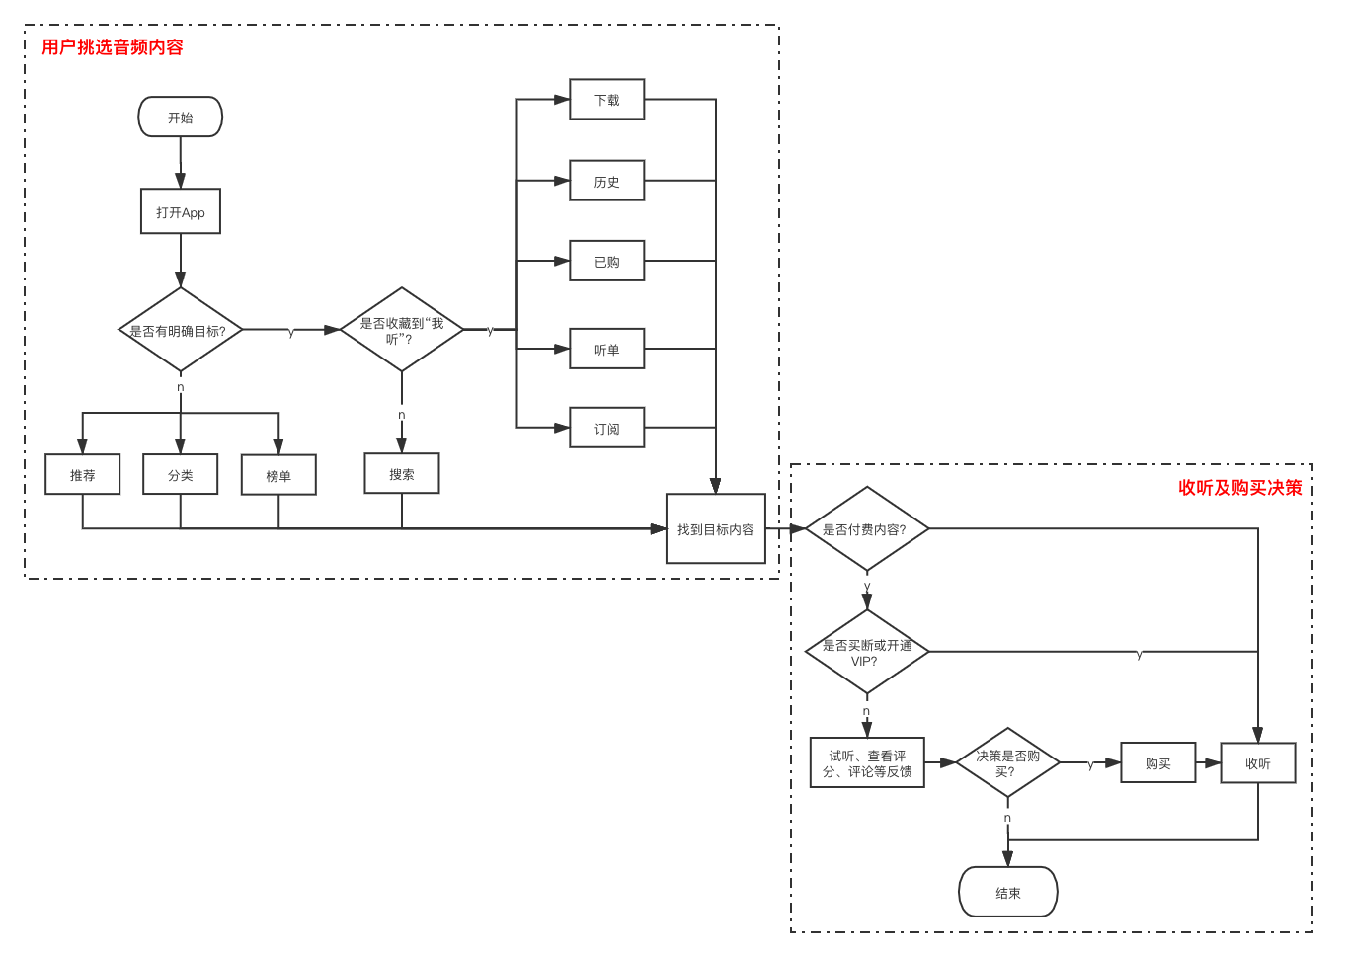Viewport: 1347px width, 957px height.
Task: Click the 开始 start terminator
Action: [x=180, y=118]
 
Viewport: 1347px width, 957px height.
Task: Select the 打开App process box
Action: [x=180, y=211]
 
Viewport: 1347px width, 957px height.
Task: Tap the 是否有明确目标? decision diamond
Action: [x=180, y=331]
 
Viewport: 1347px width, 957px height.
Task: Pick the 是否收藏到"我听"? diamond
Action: [x=401, y=331]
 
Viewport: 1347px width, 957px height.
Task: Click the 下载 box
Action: [x=606, y=100]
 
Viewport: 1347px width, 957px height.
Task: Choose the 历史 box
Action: [x=606, y=181]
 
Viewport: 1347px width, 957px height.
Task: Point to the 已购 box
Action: [x=606, y=261]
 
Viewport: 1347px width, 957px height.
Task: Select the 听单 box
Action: [x=606, y=349]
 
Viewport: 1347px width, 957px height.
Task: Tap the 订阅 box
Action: [x=606, y=428]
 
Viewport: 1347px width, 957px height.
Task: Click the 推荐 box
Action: [x=82, y=474]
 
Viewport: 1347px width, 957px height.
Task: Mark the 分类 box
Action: [x=180, y=474]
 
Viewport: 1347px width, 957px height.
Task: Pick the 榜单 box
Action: [x=278, y=475]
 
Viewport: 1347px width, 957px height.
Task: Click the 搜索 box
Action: [x=401, y=474]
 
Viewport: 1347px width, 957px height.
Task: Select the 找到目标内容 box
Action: [x=715, y=529]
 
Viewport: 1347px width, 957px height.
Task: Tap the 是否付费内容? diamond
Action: [x=866, y=529]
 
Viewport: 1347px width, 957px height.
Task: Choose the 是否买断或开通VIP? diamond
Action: [x=866, y=653]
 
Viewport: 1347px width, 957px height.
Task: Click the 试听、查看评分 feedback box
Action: [x=866, y=762]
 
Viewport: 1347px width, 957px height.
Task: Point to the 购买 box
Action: [x=1157, y=762]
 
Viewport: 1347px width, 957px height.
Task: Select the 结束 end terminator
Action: [x=1007, y=892]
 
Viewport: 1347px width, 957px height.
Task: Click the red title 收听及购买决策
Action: [x=1239, y=488]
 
